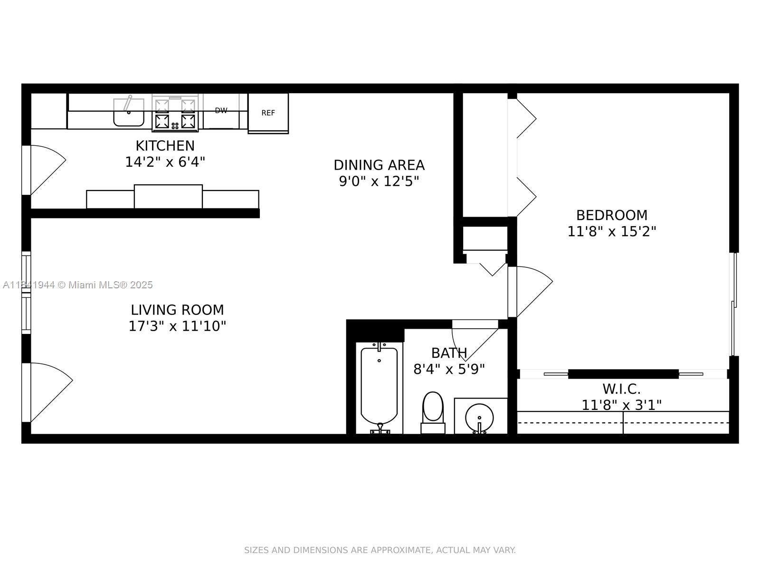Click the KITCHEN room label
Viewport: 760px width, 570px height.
point(165,145)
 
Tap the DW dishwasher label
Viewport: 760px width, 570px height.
point(221,111)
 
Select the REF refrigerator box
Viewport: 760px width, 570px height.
point(268,113)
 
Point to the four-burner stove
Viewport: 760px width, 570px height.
point(175,114)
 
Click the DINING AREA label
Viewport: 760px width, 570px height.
point(379,165)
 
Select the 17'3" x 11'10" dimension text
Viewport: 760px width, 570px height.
point(177,326)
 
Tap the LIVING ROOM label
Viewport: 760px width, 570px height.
point(177,310)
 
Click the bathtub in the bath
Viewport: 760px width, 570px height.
point(379,386)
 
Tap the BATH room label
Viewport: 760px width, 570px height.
point(449,353)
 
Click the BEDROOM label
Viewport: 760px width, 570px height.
point(611,215)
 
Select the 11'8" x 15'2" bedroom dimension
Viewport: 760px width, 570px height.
point(611,231)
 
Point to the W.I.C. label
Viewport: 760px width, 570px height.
point(621,389)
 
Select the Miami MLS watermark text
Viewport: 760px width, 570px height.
point(78,285)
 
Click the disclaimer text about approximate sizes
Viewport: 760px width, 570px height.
point(380,550)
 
